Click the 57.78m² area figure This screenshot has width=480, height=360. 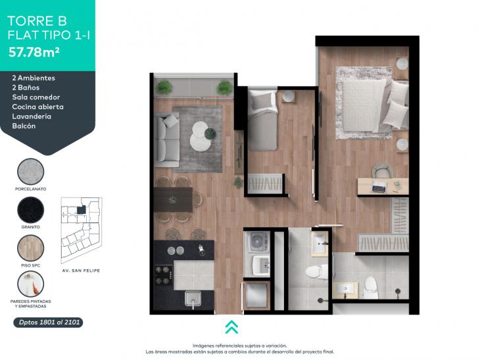pyautogui.click(x=34, y=52)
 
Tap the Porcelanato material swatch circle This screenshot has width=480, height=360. pyautogui.click(x=31, y=172)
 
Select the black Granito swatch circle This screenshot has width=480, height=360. pyautogui.click(x=31, y=210)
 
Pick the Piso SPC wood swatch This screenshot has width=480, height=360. pyautogui.click(x=31, y=248)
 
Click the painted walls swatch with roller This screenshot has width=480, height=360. pyautogui.click(x=31, y=284)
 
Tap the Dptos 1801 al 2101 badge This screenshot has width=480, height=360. pyautogui.click(x=49, y=322)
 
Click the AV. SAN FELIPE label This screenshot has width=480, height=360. pyautogui.click(x=81, y=270)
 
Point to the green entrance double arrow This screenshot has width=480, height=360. pyautogui.click(x=231, y=327)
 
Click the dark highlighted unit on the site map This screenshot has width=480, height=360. pyautogui.click(x=81, y=210)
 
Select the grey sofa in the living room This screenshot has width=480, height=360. pyautogui.click(x=166, y=140)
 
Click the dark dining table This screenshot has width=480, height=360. pyautogui.click(x=174, y=199)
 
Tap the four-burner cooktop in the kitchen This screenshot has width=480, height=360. pyautogui.click(x=163, y=275)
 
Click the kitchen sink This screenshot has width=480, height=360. pyautogui.click(x=193, y=299)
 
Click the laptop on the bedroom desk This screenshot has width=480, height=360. pyautogui.click(x=379, y=187)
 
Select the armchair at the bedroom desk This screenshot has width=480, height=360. pyautogui.click(x=381, y=170)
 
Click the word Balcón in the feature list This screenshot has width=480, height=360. pyautogui.click(x=24, y=126)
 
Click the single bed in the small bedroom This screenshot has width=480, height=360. pyautogui.click(x=262, y=120)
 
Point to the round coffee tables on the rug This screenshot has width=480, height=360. pyautogui.click(x=201, y=136)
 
